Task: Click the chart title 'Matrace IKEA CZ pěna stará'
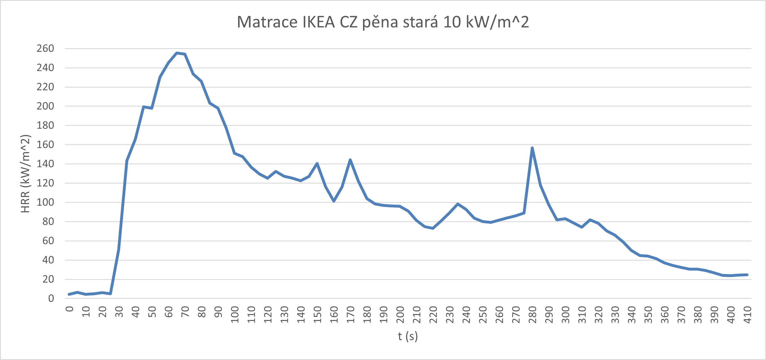[383, 22]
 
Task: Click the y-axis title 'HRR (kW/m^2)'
[25, 173]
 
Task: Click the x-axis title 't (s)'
[408, 336]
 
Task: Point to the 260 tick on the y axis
[45, 48]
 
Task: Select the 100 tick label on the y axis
[45, 202]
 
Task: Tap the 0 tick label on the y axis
[51, 299]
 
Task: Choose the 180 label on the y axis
[45, 125]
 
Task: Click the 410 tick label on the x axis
[747, 315]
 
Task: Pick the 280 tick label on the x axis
[532, 315]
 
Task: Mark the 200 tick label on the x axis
[400, 315]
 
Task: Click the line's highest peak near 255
[177, 53]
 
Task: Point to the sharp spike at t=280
[532, 148]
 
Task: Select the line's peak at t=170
[350, 160]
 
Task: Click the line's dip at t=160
[334, 201]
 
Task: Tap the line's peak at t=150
[317, 163]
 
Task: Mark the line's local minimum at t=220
[433, 228]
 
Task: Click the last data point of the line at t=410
[747, 275]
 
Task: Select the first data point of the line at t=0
[69, 294]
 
